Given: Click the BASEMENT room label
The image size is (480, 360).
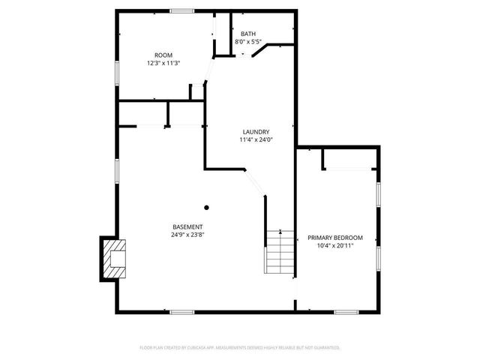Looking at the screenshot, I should point(187,226).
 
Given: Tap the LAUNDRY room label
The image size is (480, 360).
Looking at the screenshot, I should point(254,132).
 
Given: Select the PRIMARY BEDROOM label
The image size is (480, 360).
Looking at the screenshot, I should point(335,238).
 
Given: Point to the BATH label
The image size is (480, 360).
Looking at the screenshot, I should point(247,34).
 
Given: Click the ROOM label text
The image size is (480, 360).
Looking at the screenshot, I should point(163,55).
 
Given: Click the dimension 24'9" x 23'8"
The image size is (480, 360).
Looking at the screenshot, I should point(187,234).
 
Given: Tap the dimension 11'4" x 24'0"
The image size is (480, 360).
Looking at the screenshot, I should point(254,139).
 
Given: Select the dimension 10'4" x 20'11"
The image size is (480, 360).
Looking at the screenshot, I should point(335,245).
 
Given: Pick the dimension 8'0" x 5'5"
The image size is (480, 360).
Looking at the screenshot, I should point(247,42).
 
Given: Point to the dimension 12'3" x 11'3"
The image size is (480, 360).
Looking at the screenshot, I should point(163,63).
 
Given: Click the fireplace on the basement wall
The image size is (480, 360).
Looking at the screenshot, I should point(113,258).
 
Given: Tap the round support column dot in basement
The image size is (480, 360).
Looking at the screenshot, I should point(207,208).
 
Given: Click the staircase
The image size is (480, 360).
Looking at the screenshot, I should point(279,253).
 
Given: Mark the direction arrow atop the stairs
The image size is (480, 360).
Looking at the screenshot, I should point(280,232).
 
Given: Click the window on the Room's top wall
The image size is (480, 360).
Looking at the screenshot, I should point(181,10).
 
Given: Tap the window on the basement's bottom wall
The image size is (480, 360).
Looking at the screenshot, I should point(182,311).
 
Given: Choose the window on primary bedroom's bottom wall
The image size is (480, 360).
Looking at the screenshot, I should point(346,311).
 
